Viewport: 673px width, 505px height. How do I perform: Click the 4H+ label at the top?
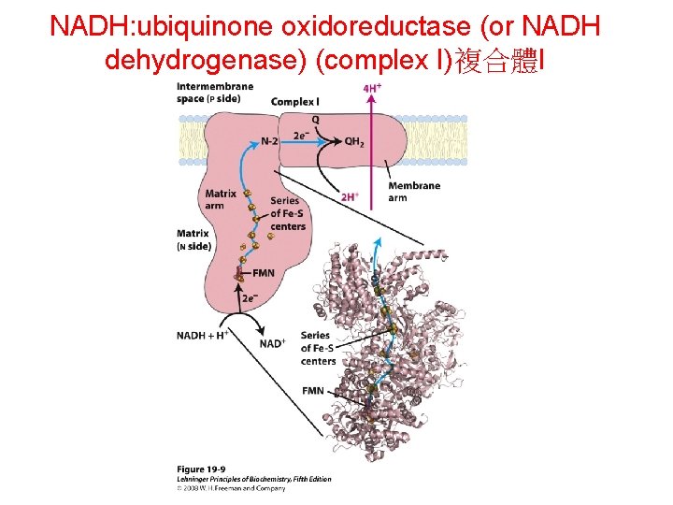coord(372,88)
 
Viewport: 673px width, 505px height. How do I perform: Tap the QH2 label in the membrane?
coord(354,142)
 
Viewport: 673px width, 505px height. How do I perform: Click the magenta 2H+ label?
coord(350,197)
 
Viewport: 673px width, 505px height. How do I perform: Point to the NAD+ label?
coord(272,343)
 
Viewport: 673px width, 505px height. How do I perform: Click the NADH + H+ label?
coord(203,334)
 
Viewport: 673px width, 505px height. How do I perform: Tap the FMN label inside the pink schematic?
coord(264,273)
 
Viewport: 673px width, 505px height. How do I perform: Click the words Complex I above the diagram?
coord(294,101)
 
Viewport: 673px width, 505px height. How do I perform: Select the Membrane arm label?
coord(413,192)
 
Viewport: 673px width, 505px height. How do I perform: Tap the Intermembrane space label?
coord(215,93)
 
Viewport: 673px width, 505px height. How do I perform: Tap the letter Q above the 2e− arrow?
coord(315,120)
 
